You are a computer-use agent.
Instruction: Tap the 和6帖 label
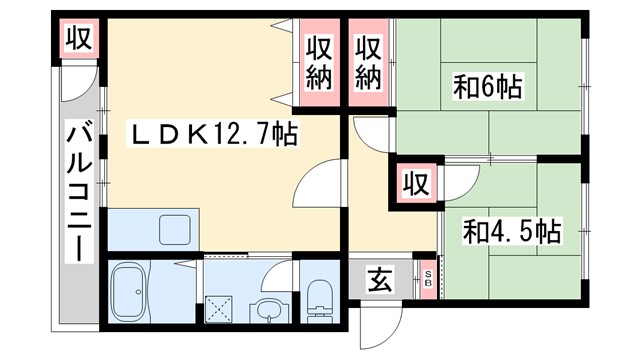click(x=489, y=88)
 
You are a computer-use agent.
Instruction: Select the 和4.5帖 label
click(x=510, y=232)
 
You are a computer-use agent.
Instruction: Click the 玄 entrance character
click(x=380, y=280)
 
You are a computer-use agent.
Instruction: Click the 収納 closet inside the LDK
click(x=319, y=63)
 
